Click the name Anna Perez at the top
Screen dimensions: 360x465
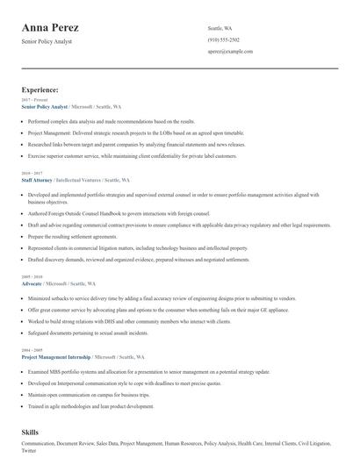[63, 26]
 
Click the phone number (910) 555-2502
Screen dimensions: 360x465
[224, 40]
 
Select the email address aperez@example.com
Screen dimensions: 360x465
[229, 53]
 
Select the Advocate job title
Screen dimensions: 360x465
[32, 284]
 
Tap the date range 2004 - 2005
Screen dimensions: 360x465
[31, 350]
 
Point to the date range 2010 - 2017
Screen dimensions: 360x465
[31, 172]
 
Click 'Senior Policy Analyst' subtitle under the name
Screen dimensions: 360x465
[47, 41]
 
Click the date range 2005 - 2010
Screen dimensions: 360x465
[31, 277]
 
